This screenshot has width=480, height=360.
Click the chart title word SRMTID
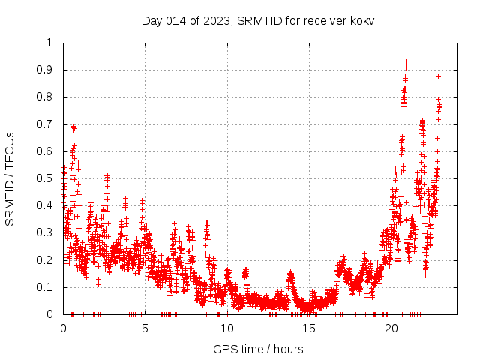(x=257, y=20)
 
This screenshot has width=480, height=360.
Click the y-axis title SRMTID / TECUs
(x=10, y=178)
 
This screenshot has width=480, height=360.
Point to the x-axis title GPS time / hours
(x=258, y=349)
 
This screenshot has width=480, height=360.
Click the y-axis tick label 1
(x=49, y=43)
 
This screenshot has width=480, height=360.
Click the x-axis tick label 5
(x=145, y=328)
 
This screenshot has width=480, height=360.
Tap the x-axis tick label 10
(x=227, y=328)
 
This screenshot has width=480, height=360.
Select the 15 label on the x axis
(x=309, y=328)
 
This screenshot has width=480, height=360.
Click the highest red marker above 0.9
(x=406, y=62)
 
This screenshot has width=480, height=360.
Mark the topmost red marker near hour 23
(x=438, y=76)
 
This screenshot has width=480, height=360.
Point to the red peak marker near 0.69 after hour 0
(x=73, y=127)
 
